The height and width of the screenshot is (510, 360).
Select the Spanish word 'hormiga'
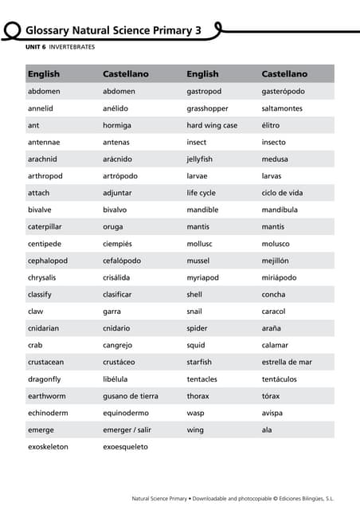(117, 125)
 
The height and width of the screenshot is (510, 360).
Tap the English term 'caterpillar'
(45, 226)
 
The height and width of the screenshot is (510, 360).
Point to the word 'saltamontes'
(282, 108)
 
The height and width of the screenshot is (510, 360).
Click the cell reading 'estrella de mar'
(287, 362)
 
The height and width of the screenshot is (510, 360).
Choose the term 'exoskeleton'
(48, 446)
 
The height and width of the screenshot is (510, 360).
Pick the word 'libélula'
(115, 379)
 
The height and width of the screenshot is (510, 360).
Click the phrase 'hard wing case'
(212, 125)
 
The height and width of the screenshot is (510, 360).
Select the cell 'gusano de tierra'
(131, 396)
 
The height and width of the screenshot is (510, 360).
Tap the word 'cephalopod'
(47, 260)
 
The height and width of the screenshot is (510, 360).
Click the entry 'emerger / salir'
(127, 430)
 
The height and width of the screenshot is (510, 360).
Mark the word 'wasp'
(195, 413)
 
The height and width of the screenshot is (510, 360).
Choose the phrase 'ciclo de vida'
(282, 193)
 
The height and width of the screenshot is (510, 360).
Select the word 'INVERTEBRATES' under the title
(72, 48)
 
